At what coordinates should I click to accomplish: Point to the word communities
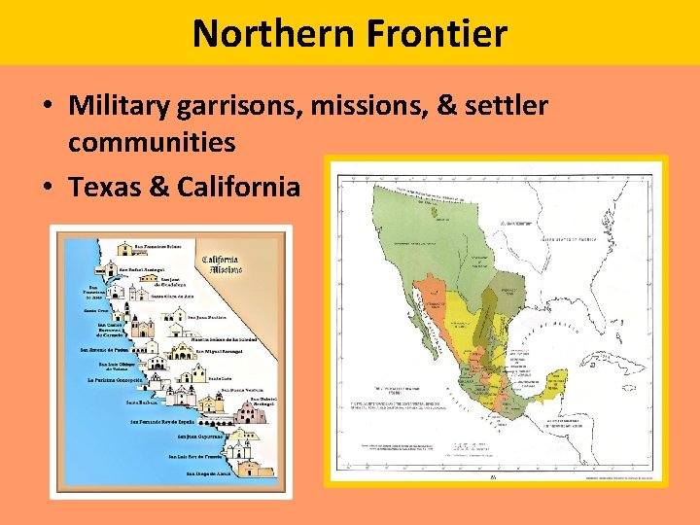[152, 142]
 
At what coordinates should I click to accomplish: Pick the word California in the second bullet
[239, 185]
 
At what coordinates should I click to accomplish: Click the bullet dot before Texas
[48, 186]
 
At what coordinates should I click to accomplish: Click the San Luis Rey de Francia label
[203, 455]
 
